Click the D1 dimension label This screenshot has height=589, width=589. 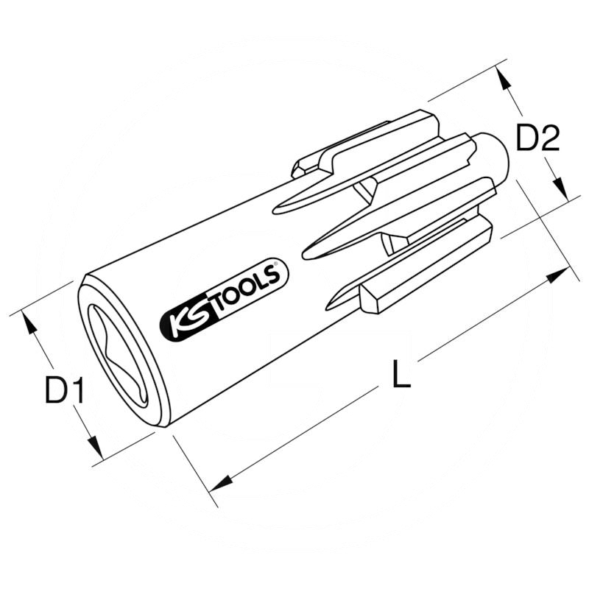(x=64, y=390)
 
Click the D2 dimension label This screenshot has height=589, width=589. (x=538, y=138)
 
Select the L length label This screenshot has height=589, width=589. (x=401, y=374)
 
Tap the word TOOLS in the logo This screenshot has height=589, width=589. (x=249, y=290)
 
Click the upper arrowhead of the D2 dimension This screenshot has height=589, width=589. (x=503, y=78)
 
